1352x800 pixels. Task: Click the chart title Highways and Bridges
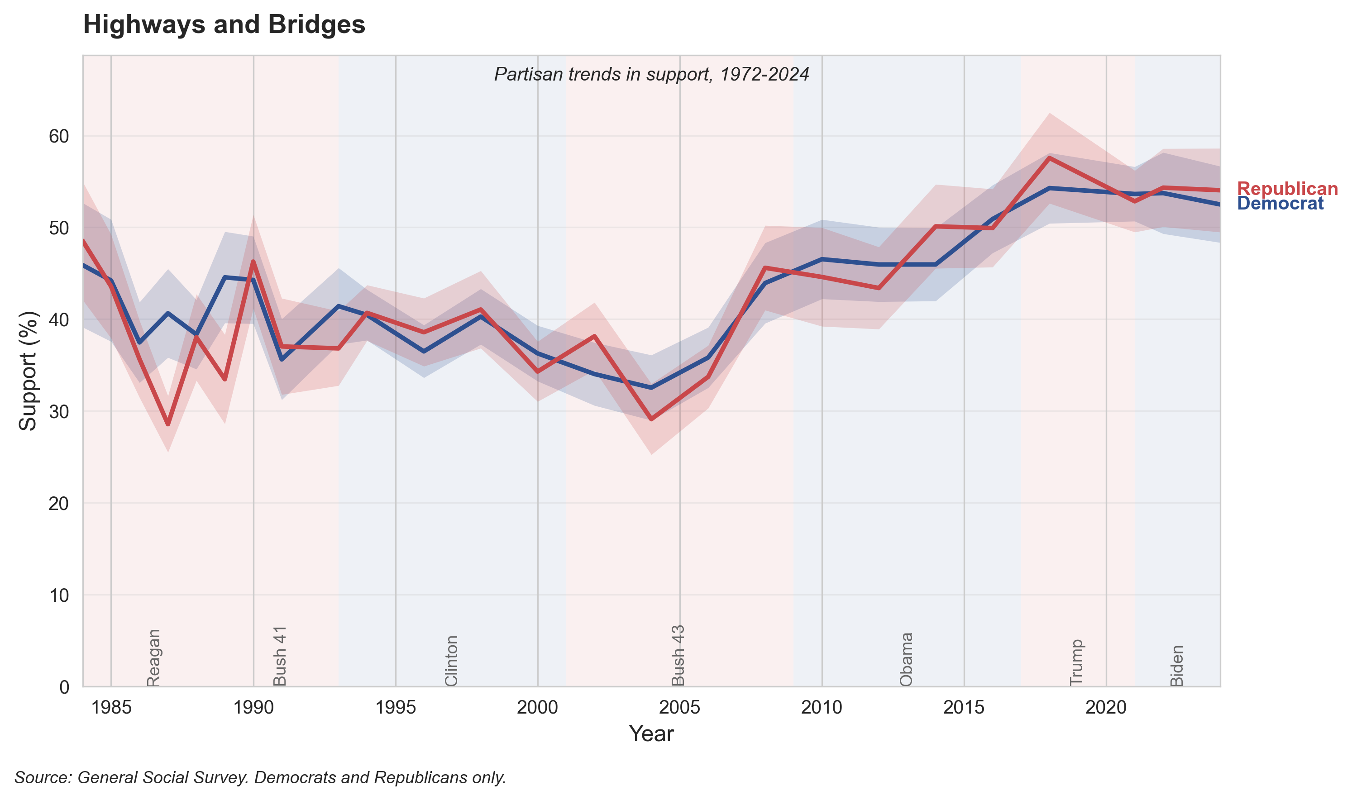coord(224,25)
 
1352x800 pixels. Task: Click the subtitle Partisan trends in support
coord(651,74)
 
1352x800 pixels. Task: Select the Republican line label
coord(1287,189)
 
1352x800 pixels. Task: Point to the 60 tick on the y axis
coord(59,136)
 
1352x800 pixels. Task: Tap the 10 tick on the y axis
coord(59,595)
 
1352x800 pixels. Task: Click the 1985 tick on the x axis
coord(111,707)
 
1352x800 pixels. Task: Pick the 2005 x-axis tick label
coord(679,707)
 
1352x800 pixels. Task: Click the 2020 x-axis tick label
coord(1106,707)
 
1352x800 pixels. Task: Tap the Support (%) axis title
coord(28,371)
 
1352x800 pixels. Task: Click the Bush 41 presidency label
coord(279,656)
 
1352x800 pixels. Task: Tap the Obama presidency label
coord(906,659)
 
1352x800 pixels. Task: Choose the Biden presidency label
coord(1177,665)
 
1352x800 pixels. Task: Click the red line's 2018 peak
coord(1049,157)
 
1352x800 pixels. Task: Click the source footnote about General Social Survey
coord(260,777)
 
